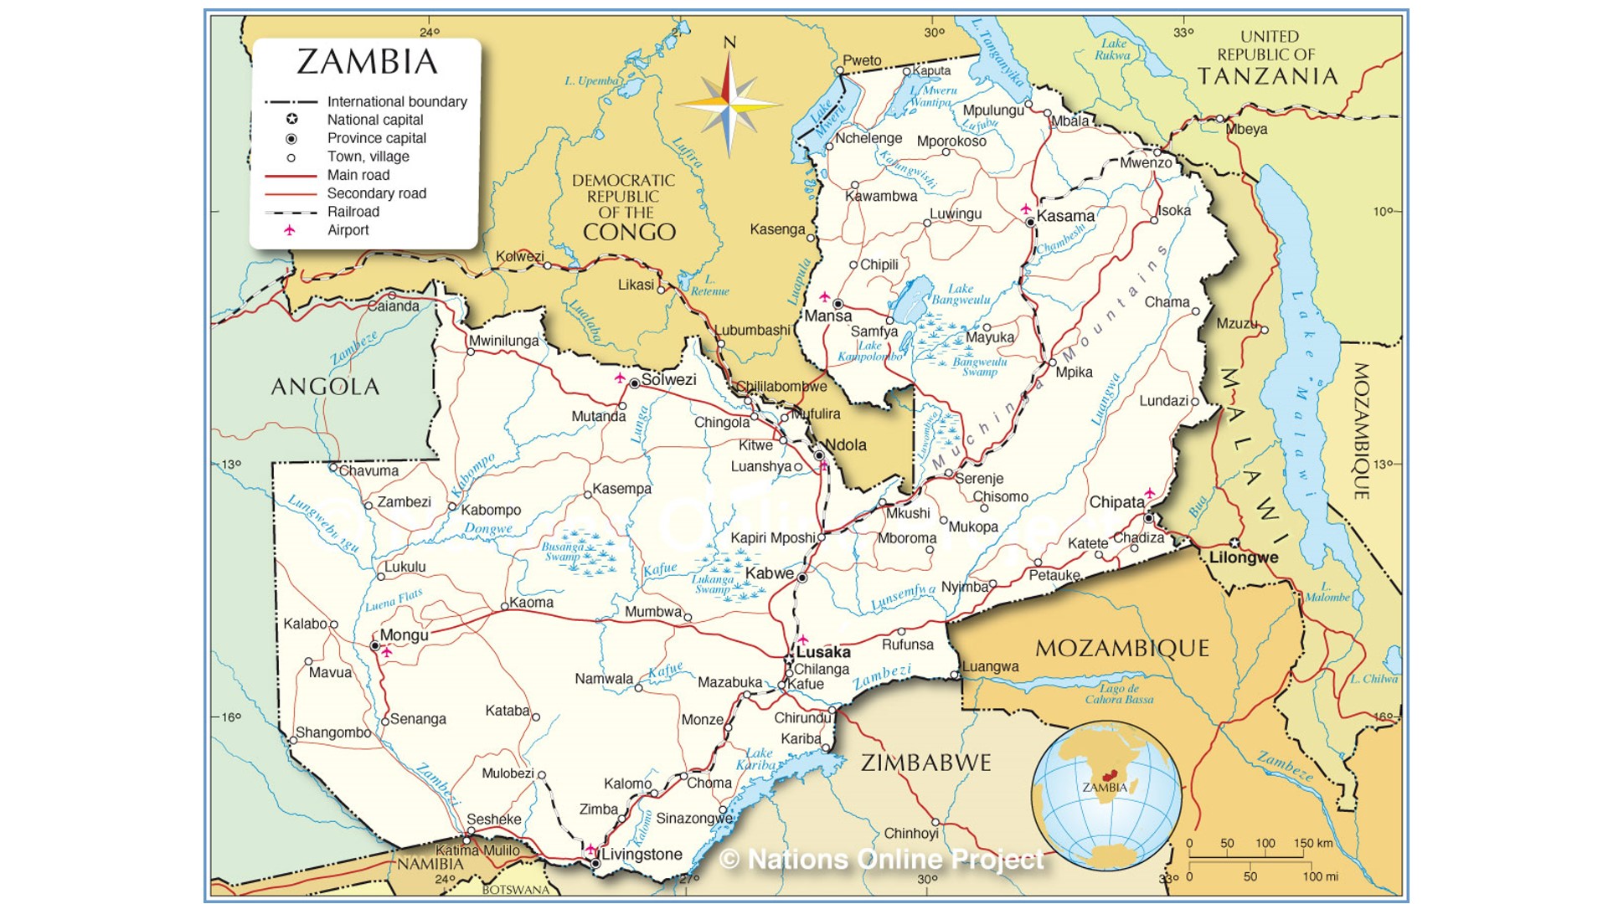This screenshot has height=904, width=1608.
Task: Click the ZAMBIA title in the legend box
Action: (367, 62)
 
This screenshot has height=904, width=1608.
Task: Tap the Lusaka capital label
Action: (823, 652)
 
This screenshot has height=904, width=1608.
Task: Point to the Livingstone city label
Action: (642, 855)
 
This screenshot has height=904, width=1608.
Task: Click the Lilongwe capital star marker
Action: (1234, 543)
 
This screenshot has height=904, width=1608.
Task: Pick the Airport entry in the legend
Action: (348, 230)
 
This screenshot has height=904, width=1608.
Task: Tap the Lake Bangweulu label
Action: (961, 294)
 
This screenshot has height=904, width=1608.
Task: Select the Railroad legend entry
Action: (353, 212)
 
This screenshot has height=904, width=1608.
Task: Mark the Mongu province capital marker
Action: (375, 646)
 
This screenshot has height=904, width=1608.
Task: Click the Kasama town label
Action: (1065, 216)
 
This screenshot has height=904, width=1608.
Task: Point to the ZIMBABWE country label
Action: (925, 763)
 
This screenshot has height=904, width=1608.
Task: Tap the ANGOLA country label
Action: (325, 386)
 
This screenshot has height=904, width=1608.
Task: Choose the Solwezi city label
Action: (668, 380)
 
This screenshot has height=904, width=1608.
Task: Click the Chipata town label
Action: (1116, 502)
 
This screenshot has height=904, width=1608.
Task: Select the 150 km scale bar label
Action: (1312, 843)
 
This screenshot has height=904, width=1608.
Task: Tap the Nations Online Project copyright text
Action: (882, 860)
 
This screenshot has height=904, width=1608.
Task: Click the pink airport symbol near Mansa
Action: (824, 297)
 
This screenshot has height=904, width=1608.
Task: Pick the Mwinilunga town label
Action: (503, 341)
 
